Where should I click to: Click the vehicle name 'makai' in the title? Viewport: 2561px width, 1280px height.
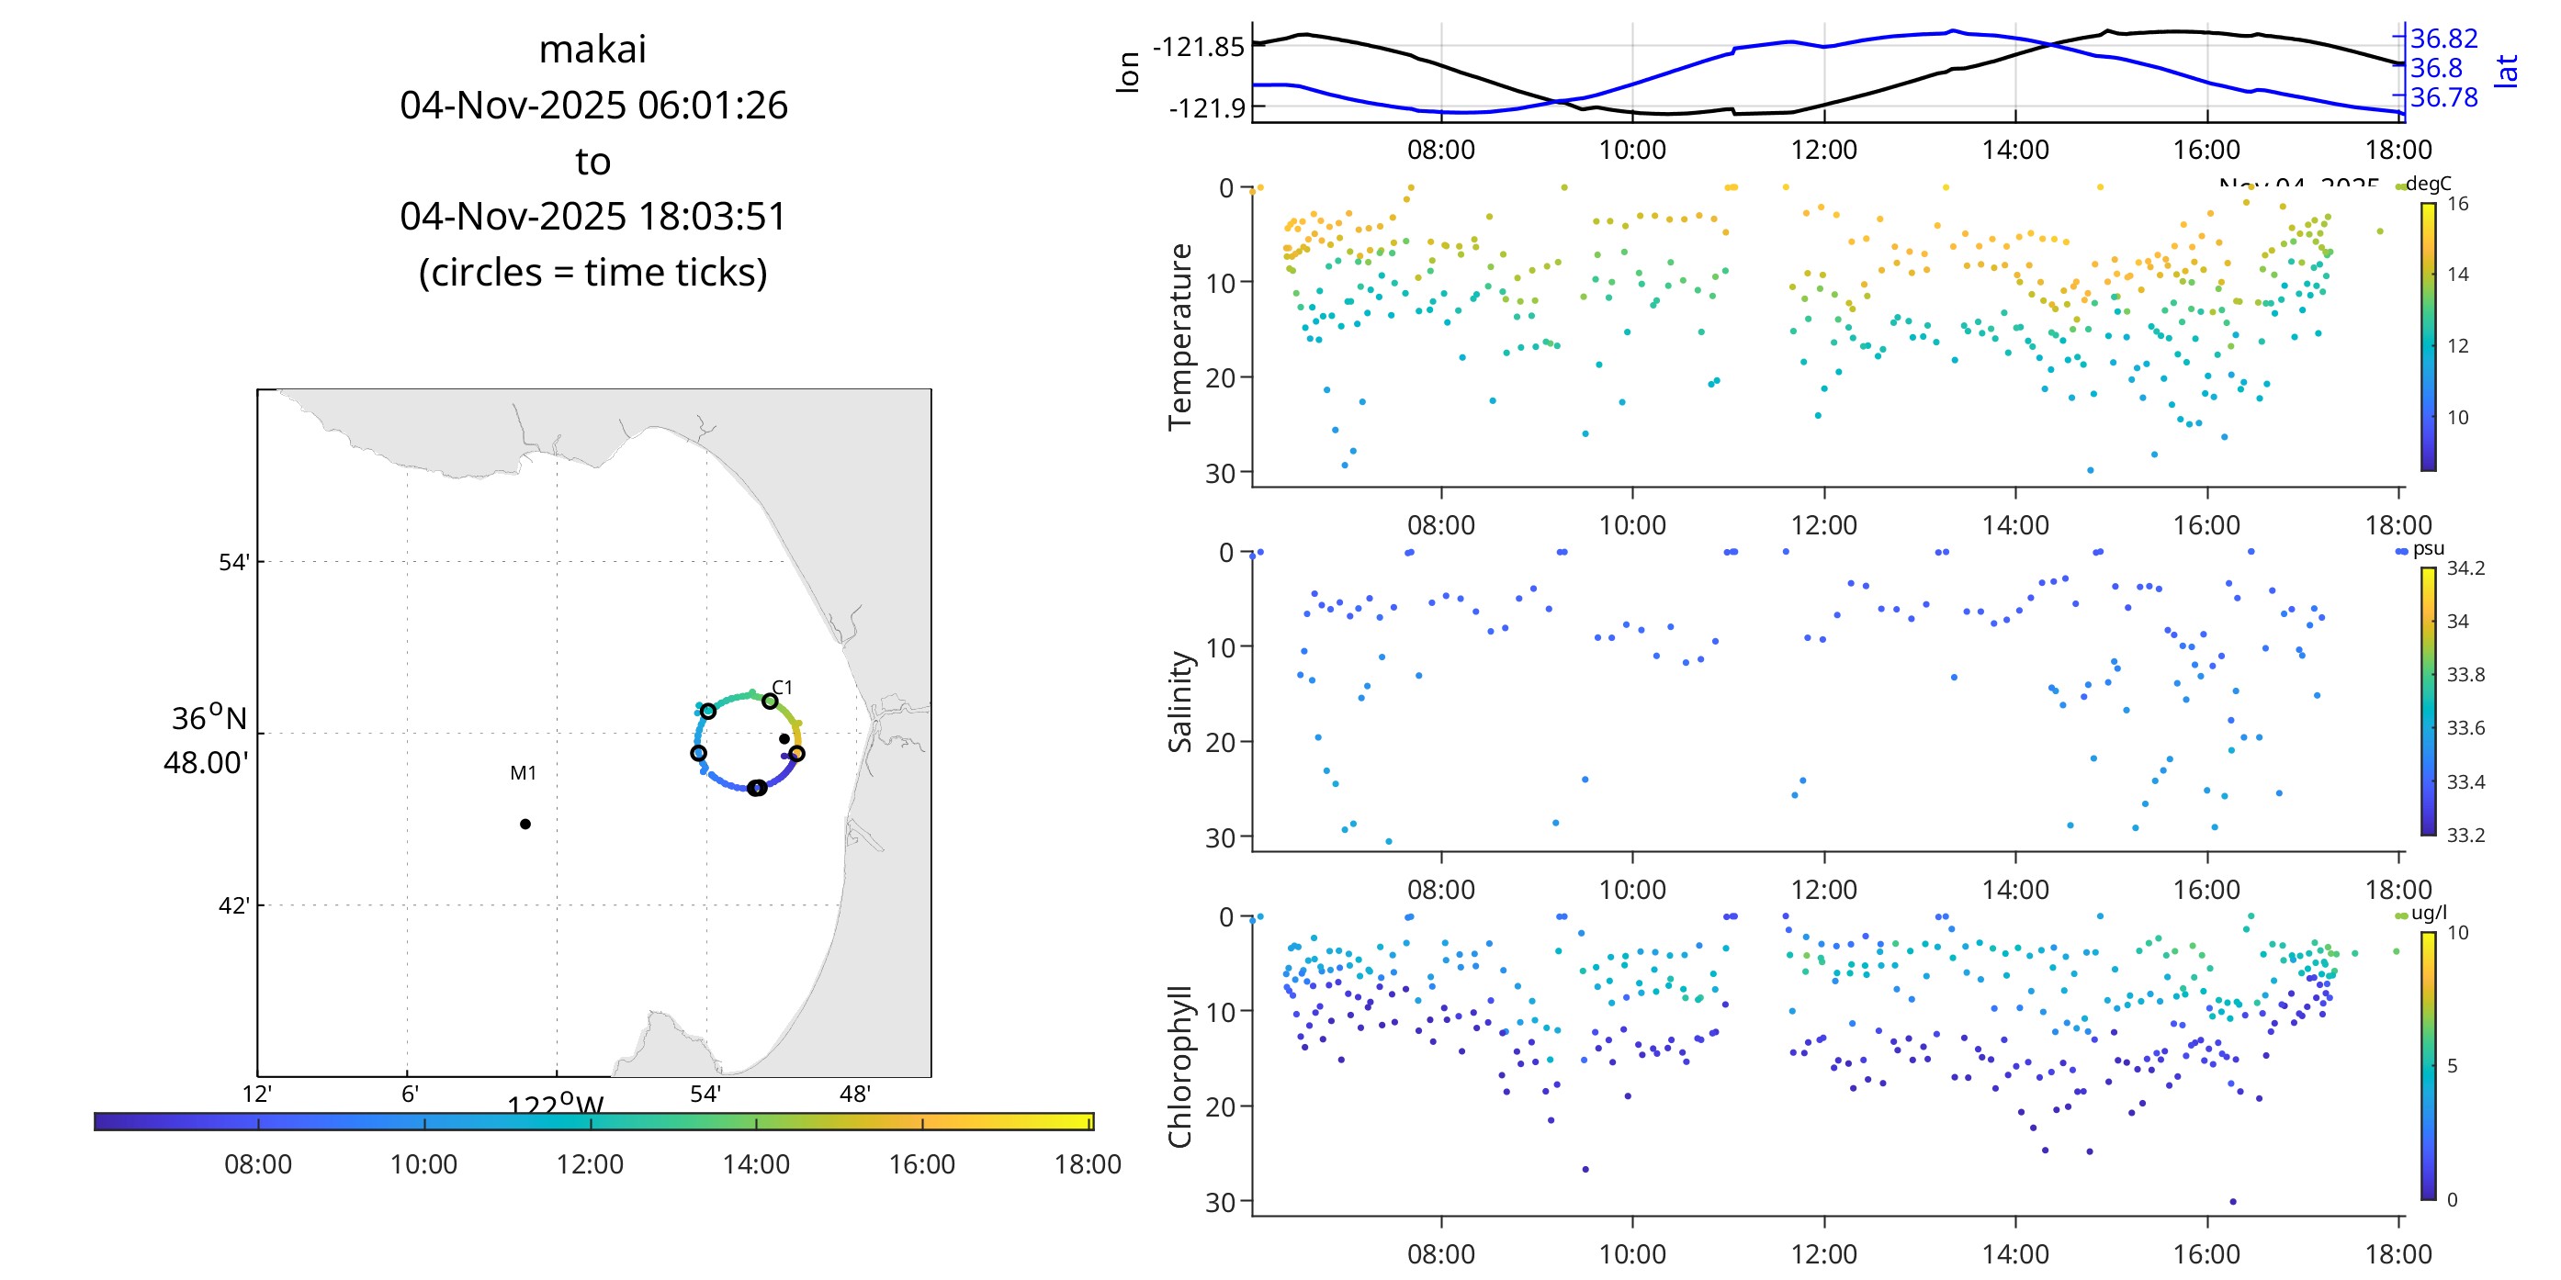coord(592,50)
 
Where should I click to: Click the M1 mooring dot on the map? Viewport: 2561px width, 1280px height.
coord(525,824)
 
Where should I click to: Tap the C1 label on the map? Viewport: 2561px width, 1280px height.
coord(783,688)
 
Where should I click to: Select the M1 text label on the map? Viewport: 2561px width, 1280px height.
coord(523,773)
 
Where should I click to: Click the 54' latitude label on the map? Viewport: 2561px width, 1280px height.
coord(234,563)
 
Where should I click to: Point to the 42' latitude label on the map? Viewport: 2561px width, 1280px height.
coord(234,906)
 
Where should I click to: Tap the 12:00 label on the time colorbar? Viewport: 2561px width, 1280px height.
coord(590,1164)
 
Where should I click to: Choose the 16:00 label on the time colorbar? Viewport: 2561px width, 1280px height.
coord(921,1164)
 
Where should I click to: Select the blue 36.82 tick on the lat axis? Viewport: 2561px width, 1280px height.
coord(2443,39)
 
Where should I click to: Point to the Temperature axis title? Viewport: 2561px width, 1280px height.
coord(1180,336)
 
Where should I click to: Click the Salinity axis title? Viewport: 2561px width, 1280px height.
coord(1180,702)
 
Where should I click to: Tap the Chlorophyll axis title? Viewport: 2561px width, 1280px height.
coord(1180,1066)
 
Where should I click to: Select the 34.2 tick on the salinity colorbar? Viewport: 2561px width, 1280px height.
coord(2465,568)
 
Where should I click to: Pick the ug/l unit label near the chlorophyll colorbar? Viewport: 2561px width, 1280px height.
coord(2429,914)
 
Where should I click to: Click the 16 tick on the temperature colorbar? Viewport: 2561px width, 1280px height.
coord(2457,205)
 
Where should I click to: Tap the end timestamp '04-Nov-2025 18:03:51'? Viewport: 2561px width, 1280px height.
coord(592,217)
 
